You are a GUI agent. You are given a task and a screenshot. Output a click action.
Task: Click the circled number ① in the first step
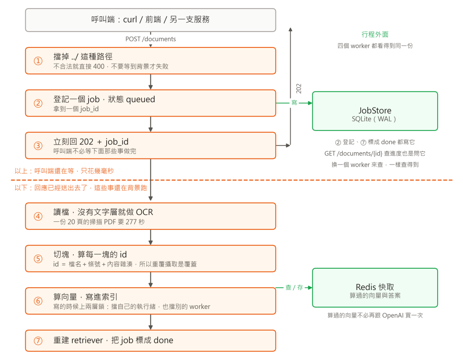pos(38,61)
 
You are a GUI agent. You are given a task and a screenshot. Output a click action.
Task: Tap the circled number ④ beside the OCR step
pos(38,216)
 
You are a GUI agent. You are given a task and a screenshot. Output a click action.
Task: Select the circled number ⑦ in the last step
pos(38,341)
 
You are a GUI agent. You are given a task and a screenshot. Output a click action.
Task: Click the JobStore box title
pos(375,110)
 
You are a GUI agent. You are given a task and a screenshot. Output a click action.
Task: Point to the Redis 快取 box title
pos(375,287)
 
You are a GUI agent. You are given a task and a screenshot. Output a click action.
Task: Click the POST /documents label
pos(151,39)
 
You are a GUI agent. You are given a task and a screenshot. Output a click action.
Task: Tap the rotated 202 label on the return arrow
pos(299,89)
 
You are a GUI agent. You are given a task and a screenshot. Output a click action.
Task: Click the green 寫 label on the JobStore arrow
pos(294,103)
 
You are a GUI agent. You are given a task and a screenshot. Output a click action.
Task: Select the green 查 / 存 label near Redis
pos(294,287)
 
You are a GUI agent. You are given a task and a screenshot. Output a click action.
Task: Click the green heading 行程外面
pos(375,34)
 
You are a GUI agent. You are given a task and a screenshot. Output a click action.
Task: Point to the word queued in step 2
pos(141,99)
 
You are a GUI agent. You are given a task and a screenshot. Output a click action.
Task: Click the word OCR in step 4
pos(144,212)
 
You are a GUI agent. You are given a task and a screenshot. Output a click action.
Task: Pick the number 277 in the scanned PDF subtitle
pos(131,222)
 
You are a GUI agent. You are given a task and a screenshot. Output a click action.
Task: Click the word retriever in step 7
pos(87,341)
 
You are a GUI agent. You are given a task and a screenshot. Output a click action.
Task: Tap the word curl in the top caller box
pos(130,19)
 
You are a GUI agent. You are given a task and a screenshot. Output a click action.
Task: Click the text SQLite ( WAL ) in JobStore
pos(374,119)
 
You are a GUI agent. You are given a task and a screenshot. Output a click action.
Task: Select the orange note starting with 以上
pos(64,171)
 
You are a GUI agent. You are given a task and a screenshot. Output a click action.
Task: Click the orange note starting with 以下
pos(80,188)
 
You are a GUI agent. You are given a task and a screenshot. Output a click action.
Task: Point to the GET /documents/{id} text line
pos(375,154)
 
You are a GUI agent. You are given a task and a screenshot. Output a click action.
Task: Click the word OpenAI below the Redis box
pos(393,315)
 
